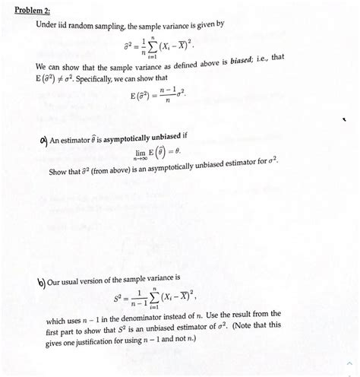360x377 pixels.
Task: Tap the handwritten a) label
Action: coord(43,138)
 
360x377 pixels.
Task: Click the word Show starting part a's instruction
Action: coord(59,171)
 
